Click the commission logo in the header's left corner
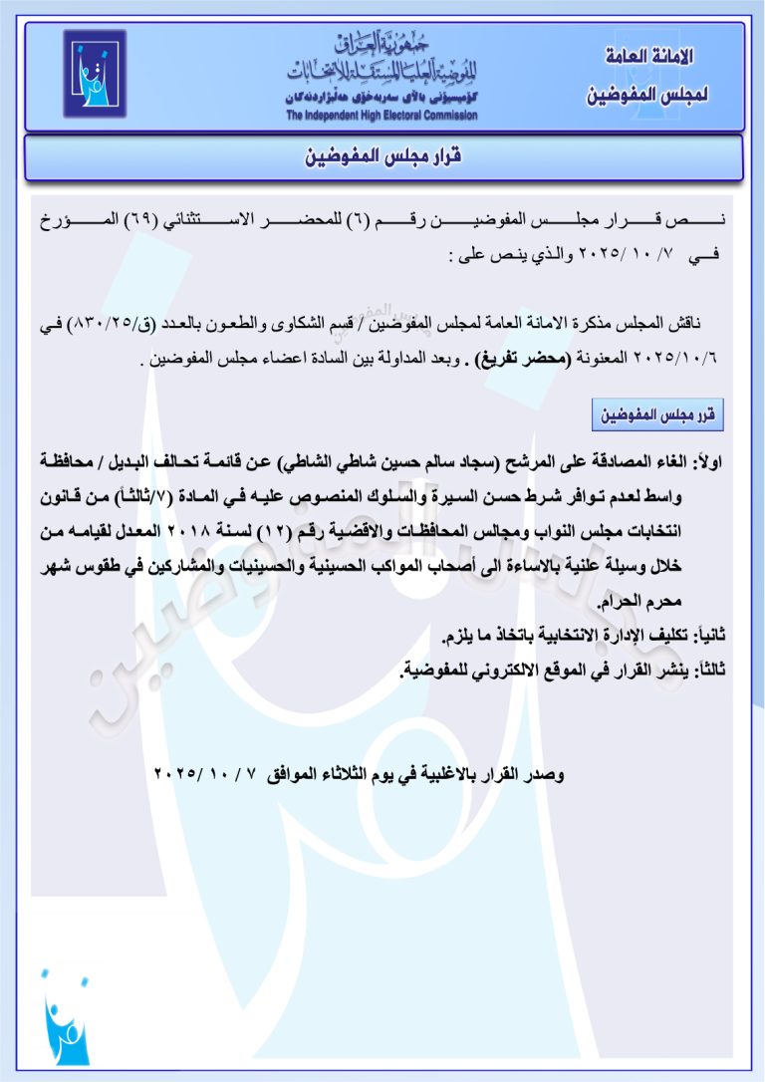click(x=96, y=74)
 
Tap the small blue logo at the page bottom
click(x=66, y=1017)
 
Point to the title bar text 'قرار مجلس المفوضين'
click(x=384, y=158)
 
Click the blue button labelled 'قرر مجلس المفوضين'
click(x=657, y=413)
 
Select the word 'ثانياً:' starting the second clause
click(x=706, y=636)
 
